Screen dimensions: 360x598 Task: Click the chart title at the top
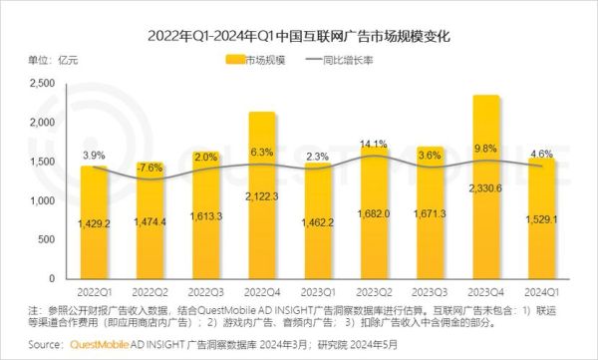click(299, 36)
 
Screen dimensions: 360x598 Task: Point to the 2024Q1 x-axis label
click(541, 293)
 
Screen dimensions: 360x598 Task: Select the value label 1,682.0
click(374, 214)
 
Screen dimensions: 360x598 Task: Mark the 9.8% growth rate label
click(485, 151)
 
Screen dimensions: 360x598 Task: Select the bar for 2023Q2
click(374, 219)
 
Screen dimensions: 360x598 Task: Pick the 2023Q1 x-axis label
click(319, 293)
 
